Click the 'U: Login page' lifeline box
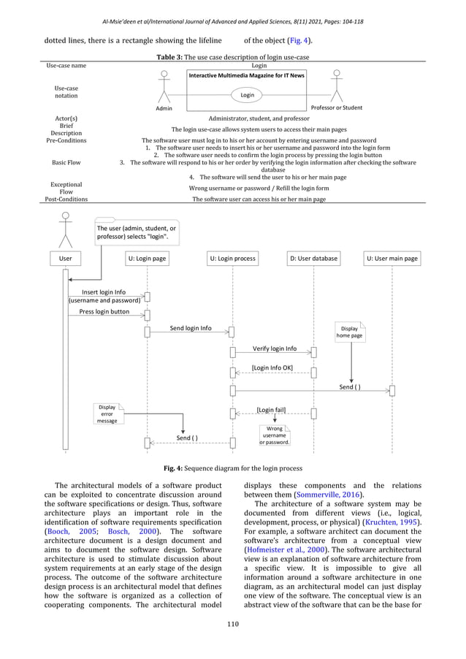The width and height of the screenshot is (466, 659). (x=147, y=258)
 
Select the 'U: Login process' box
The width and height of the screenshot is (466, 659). (x=232, y=258)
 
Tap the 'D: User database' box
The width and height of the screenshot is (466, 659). (x=313, y=258)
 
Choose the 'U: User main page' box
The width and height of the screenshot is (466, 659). (x=392, y=258)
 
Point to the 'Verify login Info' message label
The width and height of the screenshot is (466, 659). (x=274, y=348)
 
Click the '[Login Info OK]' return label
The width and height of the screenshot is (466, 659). (x=273, y=367)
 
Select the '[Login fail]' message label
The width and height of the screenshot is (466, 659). (x=271, y=411)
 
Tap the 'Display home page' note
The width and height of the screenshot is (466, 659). (x=349, y=332)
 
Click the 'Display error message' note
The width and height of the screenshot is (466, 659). (x=107, y=414)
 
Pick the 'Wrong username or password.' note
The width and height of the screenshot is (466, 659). (x=275, y=435)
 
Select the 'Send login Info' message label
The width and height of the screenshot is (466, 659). (x=191, y=328)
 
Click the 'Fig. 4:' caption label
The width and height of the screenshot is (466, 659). (x=173, y=467)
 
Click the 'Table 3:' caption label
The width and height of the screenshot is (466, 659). (x=171, y=57)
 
